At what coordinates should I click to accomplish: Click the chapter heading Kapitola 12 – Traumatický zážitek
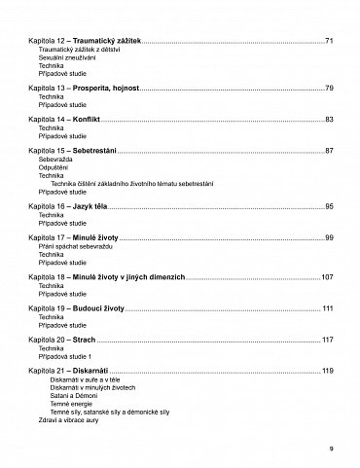click(85, 40)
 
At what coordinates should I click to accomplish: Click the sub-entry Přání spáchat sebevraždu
click(74, 246)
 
